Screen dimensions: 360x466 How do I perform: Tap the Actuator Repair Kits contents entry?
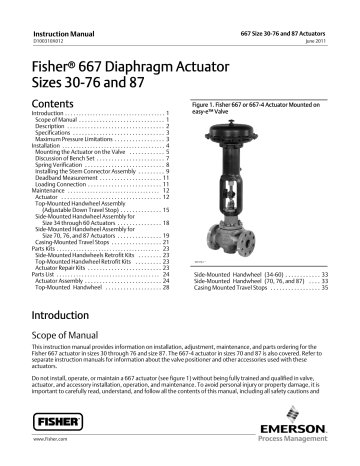pos(70,269)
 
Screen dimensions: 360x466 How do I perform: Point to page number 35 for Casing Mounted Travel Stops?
pos(327,272)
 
